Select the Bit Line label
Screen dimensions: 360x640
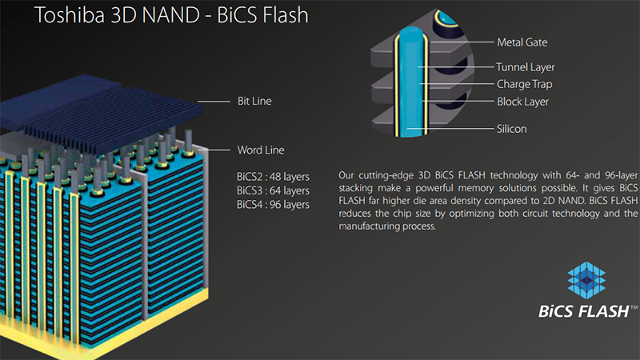pyautogui.click(x=254, y=101)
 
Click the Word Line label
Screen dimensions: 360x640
pyautogui.click(x=260, y=150)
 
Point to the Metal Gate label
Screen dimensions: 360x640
pyautogui.click(x=522, y=42)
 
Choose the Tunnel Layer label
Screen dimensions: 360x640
pyautogui.click(x=525, y=67)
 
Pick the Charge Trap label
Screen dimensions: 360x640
pyautogui.click(x=524, y=83)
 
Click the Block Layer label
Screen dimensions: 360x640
pyautogui.click(x=522, y=102)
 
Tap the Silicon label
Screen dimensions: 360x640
pyautogui.click(x=511, y=128)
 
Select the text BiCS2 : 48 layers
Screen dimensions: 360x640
pyautogui.click(x=273, y=176)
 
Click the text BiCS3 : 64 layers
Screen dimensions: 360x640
pyautogui.click(x=273, y=190)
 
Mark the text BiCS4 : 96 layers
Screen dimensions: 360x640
pyautogui.click(x=273, y=205)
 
